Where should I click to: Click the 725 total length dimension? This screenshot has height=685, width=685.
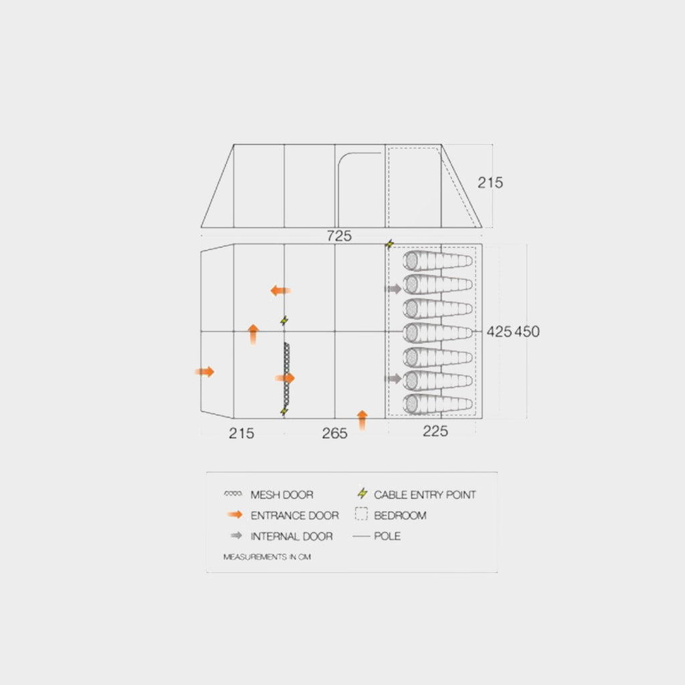pyautogui.click(x=339, y=236)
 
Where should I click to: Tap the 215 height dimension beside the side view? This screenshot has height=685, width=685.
pyautogui.click(x=490, y=183)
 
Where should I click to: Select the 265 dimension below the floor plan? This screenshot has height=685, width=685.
pyautogui.click(x=334, y=433)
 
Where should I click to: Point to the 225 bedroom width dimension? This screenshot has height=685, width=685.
pyautogui.click(x=435, y=431)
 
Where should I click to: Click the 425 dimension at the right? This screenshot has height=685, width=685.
pyautogui.click(x=499, y=332)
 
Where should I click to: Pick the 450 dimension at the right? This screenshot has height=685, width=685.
pyautogui.click(x=527, y=332)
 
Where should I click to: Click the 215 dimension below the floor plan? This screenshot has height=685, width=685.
pyautogui.click(x=241, y=433)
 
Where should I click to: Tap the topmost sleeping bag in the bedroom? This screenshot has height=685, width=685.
pyautogui.click(x=437, y=261)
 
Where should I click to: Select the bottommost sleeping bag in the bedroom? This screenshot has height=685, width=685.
pyautogui.click(x=437, y=405)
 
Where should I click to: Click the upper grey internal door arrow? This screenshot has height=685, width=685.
pyautogui.click(x=393, y=289)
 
